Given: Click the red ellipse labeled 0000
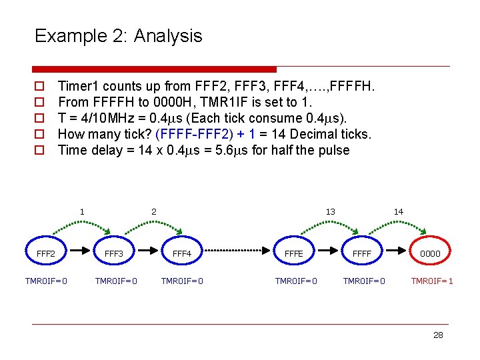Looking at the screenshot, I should (430, 253).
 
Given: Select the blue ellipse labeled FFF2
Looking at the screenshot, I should (46, 253).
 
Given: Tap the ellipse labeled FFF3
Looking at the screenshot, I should (114, 253).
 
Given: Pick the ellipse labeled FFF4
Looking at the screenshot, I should (182, 253).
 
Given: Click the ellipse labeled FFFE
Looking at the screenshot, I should (293, 253).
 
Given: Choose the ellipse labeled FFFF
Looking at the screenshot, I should (362, 253).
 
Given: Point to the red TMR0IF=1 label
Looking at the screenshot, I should (432, 281).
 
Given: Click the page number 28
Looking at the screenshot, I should (438, 335).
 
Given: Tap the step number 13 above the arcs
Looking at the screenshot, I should (330, 212).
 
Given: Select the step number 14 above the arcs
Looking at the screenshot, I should (399, 212).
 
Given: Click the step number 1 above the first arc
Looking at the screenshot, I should (82, 212).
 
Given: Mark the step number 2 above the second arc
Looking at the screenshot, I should (153, 212).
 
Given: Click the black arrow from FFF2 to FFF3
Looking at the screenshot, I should (80, 252).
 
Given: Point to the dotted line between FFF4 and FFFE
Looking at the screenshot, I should (237, 252).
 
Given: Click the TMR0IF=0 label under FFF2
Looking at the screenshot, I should (46, 281).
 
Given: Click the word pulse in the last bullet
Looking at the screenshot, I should (334, 150).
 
